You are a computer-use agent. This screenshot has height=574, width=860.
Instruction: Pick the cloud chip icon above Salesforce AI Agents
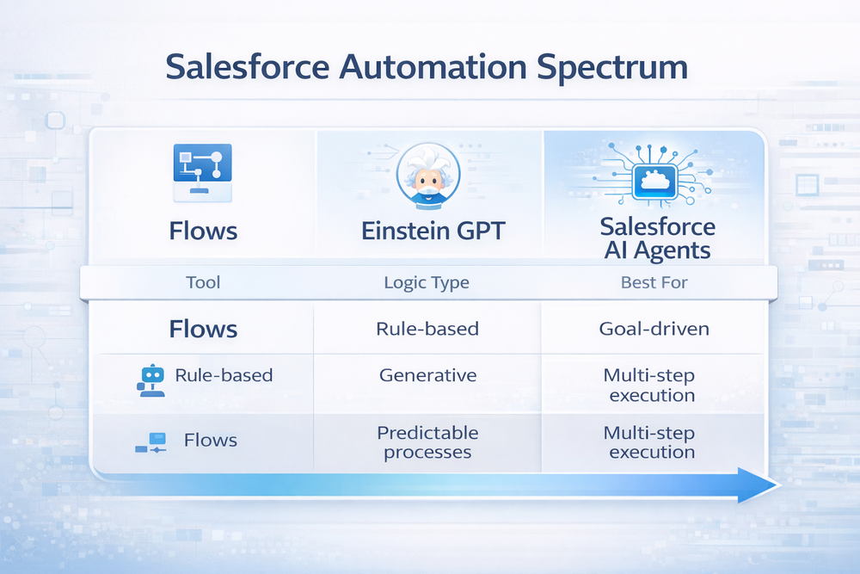click(656, 182)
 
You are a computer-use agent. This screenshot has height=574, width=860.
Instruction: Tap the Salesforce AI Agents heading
click(657, 238)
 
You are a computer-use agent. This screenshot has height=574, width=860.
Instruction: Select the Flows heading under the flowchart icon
click(203, 231)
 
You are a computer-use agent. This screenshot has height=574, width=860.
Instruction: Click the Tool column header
click(203, 281)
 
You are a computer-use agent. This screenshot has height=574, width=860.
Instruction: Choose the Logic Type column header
click(427, 281)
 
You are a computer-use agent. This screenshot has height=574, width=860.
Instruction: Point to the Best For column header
click(654, 281)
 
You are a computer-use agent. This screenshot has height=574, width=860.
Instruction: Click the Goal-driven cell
click(654, 329)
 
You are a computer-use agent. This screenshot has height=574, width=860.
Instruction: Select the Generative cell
click(427, 374)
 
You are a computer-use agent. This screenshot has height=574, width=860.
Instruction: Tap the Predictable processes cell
click(427, 441)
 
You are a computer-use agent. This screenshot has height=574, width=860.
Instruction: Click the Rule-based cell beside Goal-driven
click(427, 329)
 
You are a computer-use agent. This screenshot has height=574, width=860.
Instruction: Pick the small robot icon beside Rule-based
click(151, 379)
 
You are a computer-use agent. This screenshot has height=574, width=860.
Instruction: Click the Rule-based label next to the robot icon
click(224, 374)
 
